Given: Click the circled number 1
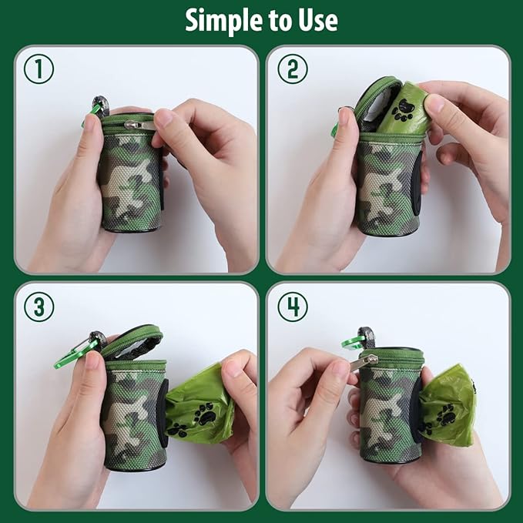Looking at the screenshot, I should [39, 70].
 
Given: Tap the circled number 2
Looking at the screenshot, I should [292, 70].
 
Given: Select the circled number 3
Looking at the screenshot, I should [39, 307].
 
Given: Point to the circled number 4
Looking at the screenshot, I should [292, 307].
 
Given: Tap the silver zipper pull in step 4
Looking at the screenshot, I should [362, 361].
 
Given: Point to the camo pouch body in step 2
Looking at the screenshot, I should [387, 185].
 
